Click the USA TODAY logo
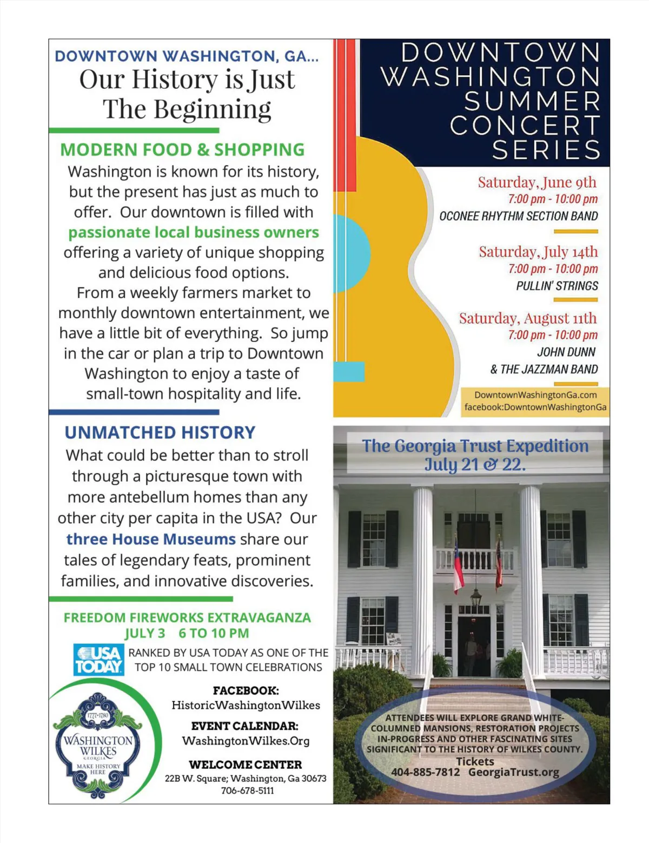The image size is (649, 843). tap(98, 660)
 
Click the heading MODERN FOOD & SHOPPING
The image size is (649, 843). tap(182, 149)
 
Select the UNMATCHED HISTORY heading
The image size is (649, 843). tap(160, 432)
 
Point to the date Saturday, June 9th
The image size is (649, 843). tap(537, 182)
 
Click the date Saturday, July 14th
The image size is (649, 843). tap(538, 252)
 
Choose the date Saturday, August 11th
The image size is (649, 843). tap(527, 318)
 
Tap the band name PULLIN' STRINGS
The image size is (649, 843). tap(557, 286)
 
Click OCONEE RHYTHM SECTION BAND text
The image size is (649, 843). tap(518, 216)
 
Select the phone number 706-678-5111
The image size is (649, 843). tap(247, 791)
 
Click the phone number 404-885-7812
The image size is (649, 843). tap(425, 772)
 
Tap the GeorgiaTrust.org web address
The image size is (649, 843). tap(513, 772)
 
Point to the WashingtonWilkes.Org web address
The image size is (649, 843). tap(246, 741)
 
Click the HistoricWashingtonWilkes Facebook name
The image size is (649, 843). tap(246, 705)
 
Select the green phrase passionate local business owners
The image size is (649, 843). tap(193, 232)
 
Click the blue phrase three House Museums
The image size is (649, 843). tap(151, 539)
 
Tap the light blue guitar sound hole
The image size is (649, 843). tap(350, 253)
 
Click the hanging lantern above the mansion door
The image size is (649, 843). tap(475, 597)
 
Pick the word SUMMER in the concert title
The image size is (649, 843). tap(532, 101)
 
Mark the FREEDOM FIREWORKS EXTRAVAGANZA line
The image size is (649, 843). tap(187, 617)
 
